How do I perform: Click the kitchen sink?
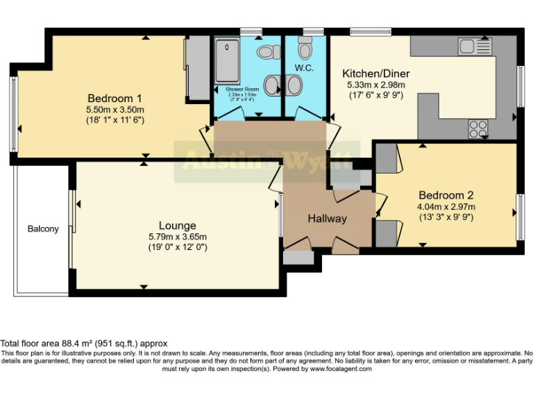pos(475,47)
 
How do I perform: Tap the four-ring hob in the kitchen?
pos(478,128)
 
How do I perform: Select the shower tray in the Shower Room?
pos(226,62)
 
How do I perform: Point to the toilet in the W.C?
pos(305,50)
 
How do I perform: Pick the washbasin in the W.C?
pos(294,85)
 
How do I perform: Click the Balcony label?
pos(43,229)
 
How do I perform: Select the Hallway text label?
pos(327,219)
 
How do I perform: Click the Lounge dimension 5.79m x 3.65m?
pos(178,237)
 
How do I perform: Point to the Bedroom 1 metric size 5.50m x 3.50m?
pos(115,109)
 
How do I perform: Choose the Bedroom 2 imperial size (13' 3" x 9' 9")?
pos(446,217)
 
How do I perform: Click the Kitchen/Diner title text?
pos(375,74)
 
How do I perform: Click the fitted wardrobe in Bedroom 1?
pos(196,68)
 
